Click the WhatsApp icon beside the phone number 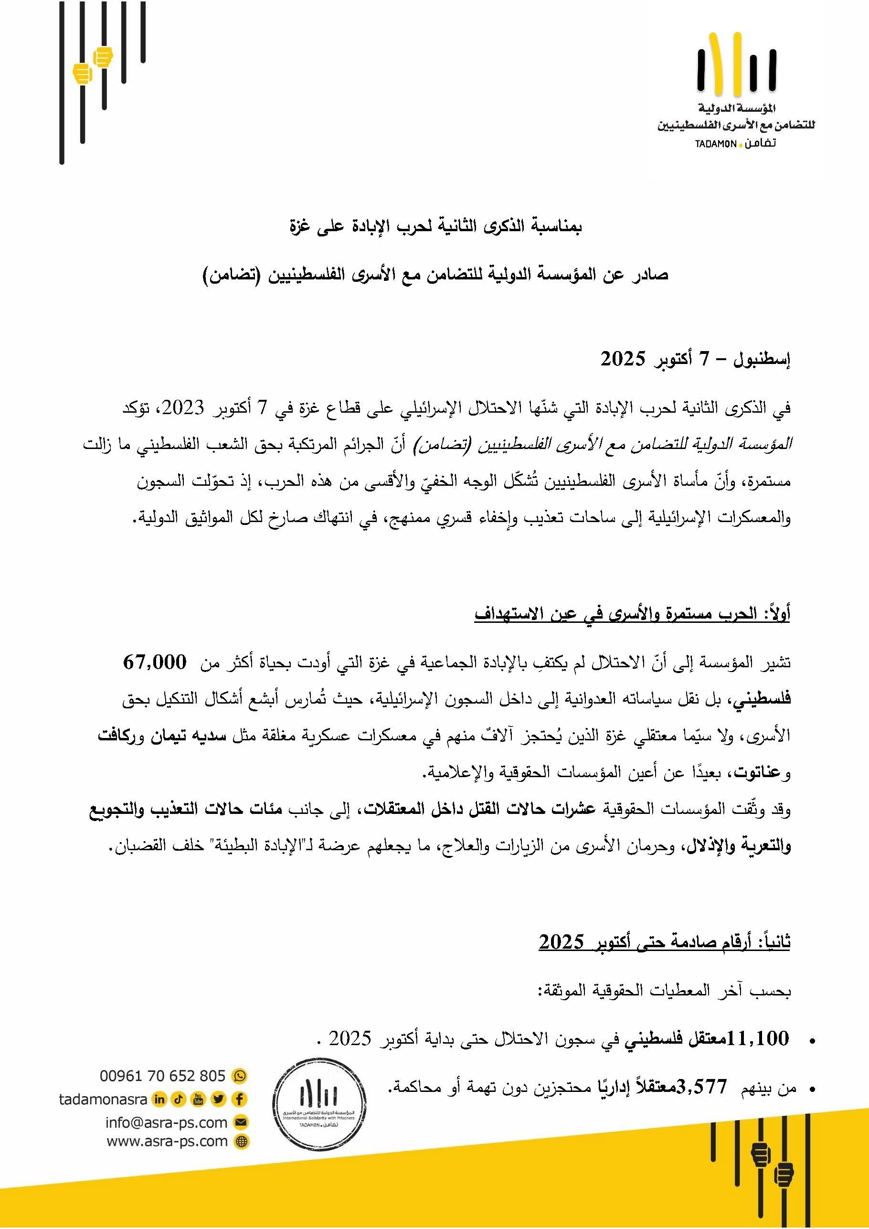pyautogui.click(x=240, y=1075)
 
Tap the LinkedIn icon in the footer pyautogui.click(x=159, y=1099)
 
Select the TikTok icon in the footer pyautogui.click(x=179, y=1099)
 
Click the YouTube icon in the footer pyautogui.click(x=199, y=1099)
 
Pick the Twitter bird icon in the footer pyautogui.click(x=218, y=1099)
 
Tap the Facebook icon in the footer pyautogui.click(x=239, y=1099)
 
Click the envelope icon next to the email pyautogui.click(x=241, y=1122)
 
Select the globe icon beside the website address pyautogui.click(x=242, y=1142)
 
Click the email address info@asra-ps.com pyautogui.click(x=167, y=1122)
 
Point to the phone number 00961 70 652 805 pyautogui.click(x=162, y=1075)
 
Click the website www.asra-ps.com pyautogui.click(x=167, y=1141)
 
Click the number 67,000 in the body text pyautogui.click(x=155, y=662)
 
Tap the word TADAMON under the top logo pyautogui.click(x=715, y=145)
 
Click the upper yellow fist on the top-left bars pyautogui.click(x=102, y=57)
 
